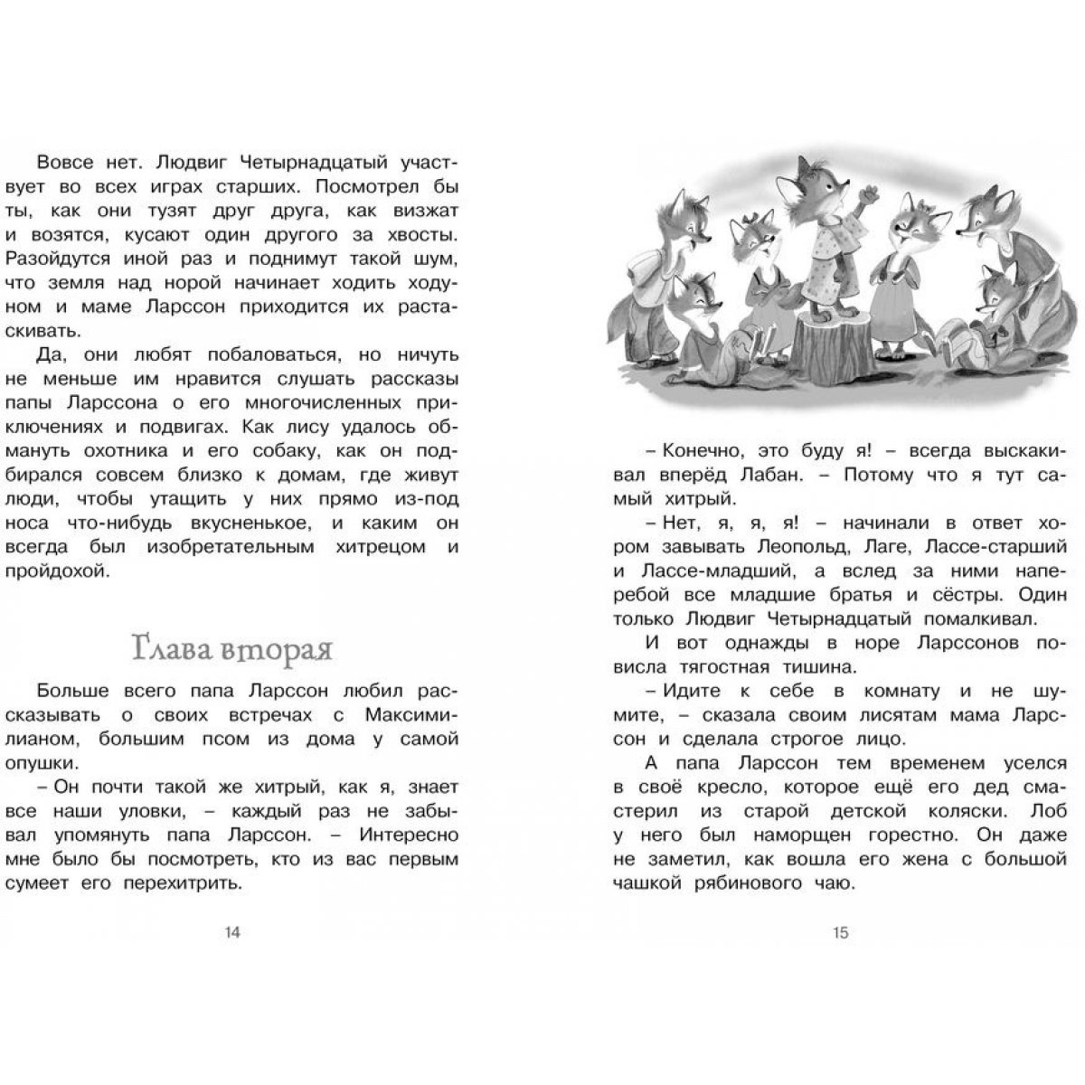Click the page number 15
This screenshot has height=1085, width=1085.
point(840,933)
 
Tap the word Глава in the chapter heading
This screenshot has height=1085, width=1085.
point(164,650)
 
